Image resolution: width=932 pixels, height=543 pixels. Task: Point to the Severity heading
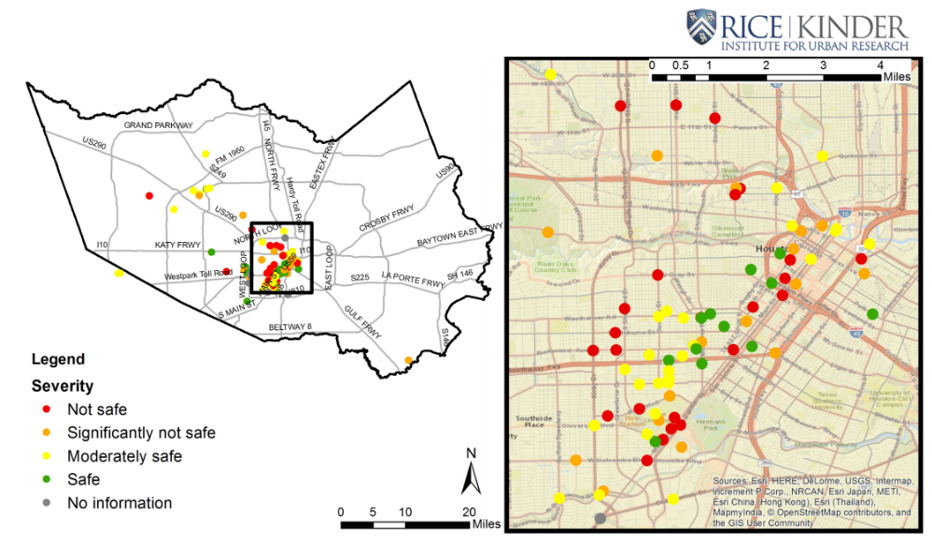pos(63,385)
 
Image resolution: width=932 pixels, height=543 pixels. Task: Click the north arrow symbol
pos(472,475)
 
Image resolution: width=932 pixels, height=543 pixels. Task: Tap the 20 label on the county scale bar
pos(470,511)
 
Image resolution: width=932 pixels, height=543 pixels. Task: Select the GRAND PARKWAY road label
pos(159,125)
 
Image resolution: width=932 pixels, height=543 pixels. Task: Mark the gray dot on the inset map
pos(600,518)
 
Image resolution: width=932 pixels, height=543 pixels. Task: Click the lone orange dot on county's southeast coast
pos(409,360)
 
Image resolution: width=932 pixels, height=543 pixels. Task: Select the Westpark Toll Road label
pos(198,275)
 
